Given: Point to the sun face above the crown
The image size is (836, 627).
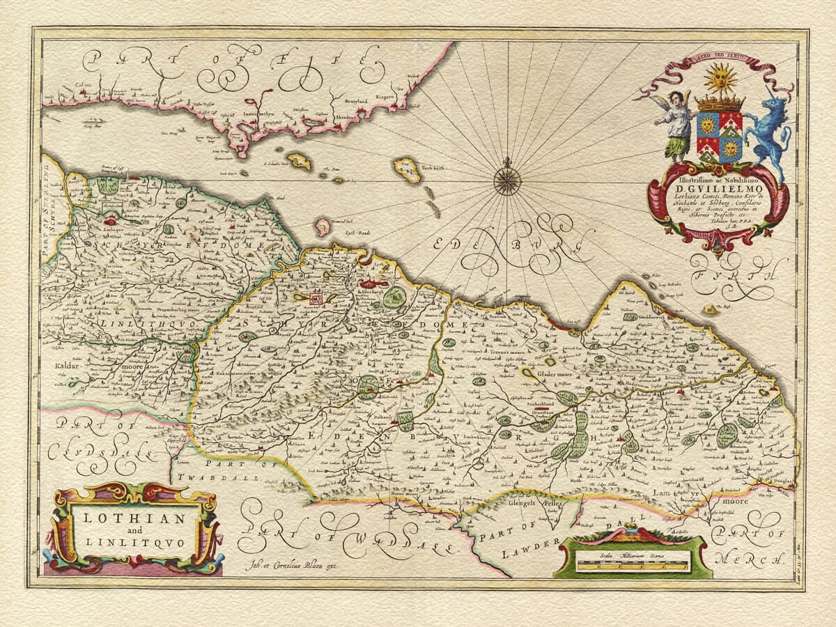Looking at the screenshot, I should (720, 79).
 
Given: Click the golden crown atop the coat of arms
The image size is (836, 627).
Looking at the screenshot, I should (720, 103).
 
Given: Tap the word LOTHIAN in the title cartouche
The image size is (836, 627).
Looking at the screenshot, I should (130, 518).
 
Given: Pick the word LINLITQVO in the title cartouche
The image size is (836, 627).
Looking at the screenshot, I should (130, 541).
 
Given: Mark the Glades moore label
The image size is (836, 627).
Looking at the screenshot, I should (555, 374).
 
